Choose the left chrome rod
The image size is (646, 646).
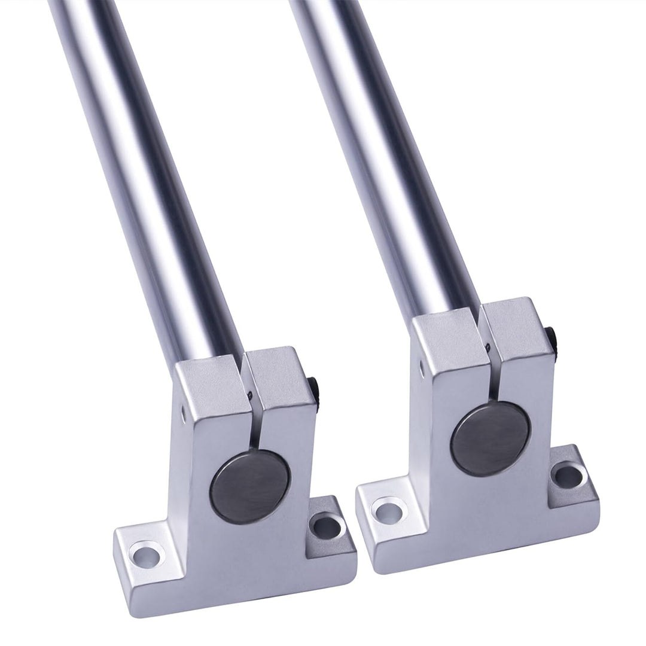coord(144,179)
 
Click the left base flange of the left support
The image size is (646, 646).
coord(150,547)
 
